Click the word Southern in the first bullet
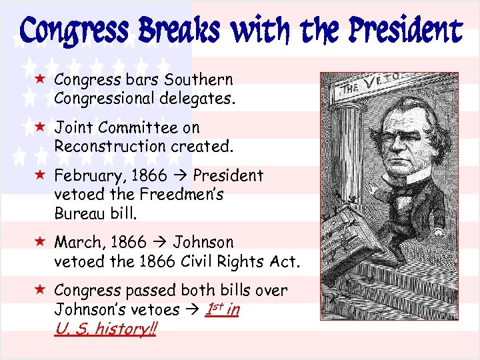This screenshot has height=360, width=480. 199,80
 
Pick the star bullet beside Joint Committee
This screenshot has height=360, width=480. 41,127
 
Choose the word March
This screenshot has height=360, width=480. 76,242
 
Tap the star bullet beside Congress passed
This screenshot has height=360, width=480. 41,290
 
